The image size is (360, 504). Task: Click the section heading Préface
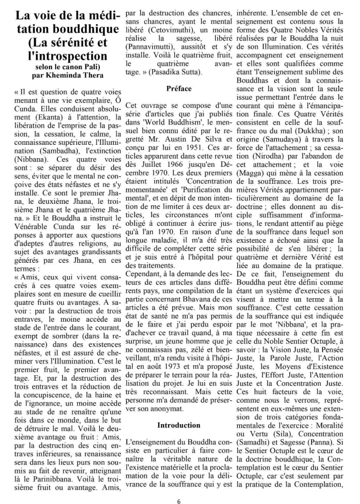179,87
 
